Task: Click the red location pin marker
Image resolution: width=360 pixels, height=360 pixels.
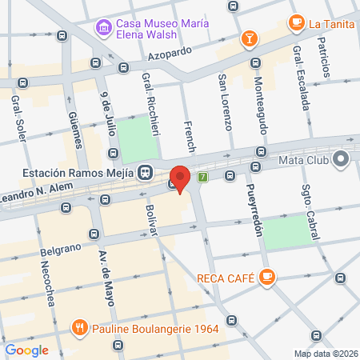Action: click(181, 178)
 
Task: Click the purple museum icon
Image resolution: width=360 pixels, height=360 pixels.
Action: click(103, 30)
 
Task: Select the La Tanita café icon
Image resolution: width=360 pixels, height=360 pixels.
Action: click(297, 22)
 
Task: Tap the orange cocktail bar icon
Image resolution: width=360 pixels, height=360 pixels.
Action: click(250, 38)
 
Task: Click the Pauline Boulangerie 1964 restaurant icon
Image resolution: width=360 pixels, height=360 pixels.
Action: click(79, 326)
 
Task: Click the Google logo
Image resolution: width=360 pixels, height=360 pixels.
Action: click(26, 350)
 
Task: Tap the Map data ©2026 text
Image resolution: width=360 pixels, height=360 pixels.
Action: click(325, 354)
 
